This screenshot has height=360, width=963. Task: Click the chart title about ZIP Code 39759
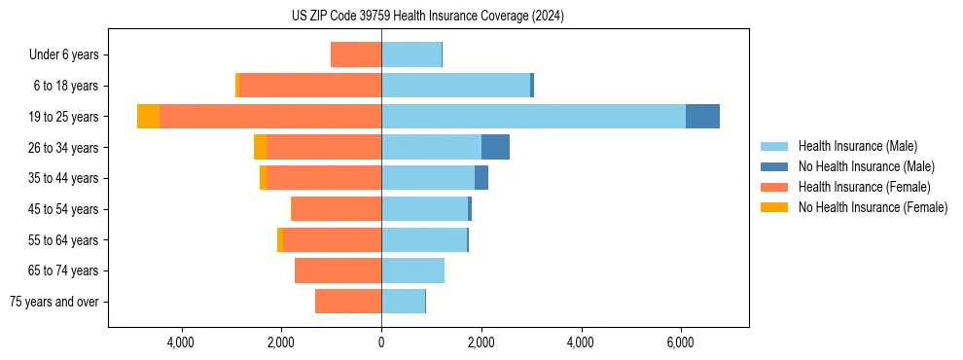(x=427, y=17)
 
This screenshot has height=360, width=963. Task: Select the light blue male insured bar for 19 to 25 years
(x=533, y=117)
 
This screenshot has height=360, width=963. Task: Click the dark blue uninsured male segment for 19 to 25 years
(x=702, y=117)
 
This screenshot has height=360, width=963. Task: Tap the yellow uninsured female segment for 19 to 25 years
(x=148, y=117)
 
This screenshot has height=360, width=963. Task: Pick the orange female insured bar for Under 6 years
(x=356, y=54)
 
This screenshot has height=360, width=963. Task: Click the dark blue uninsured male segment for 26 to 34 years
(x=495, y=147)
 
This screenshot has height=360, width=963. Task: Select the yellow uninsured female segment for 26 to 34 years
(x=260, y=147)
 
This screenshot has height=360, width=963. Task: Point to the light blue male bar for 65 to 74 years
(x=412, y=270)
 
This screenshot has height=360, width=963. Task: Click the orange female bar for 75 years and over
(x=348, y=302)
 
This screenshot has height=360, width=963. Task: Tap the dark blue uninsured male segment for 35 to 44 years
(x=481, y=178)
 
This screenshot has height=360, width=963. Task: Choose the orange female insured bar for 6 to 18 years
(x=309, y=86)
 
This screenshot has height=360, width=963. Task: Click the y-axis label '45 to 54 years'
(x=63, y=209)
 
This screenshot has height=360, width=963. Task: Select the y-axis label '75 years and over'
(x=54, y=302)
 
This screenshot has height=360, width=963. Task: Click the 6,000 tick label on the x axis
(x=680, y=342)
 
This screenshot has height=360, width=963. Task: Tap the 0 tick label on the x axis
(x=381, y=342)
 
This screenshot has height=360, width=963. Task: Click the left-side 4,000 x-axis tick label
(x=182, y=342)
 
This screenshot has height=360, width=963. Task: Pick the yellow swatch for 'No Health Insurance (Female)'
(x=774, y=207)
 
